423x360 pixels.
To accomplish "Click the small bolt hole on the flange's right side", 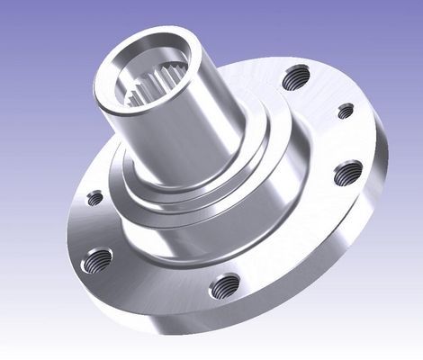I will pos(346,111).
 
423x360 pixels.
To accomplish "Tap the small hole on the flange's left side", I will pos(94,198).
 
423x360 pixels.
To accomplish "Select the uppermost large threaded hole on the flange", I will pos(292,80).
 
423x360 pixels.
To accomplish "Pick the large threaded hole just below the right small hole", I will pos(347,172).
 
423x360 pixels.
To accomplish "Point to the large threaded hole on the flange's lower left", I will pos(98,262).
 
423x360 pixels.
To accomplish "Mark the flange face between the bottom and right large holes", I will pos(297,243).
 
